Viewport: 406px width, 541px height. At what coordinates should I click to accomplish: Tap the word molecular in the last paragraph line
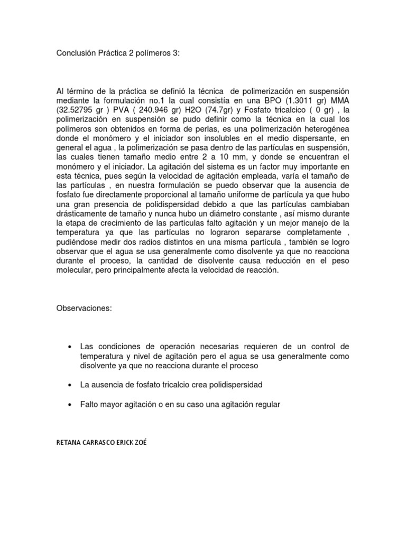tap(74, 270)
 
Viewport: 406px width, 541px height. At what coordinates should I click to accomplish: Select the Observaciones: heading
tap(84, 308)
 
